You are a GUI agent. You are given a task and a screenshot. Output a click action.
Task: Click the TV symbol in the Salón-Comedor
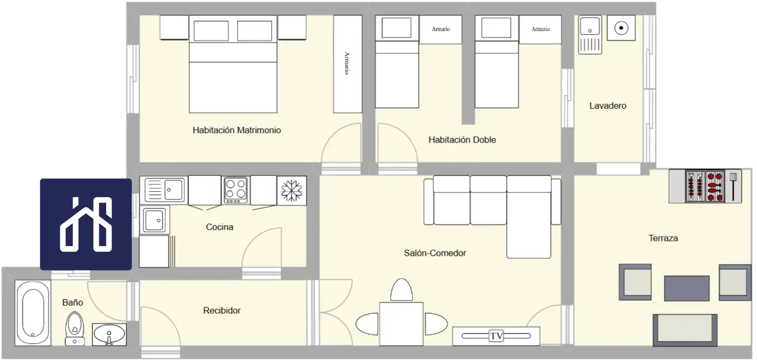click(496, 336)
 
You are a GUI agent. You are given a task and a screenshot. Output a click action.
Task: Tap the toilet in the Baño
click(75, 328)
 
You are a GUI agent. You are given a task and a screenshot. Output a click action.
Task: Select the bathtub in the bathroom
click(33, 313)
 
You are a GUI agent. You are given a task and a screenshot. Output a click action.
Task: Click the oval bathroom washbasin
click(109, 334)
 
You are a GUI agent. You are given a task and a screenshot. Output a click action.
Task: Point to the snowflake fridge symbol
click(292, 191)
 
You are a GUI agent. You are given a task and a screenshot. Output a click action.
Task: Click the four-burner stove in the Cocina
click(236, 190)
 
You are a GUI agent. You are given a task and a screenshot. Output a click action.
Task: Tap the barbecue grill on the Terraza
click(705, 186)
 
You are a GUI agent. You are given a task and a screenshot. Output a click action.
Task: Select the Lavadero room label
click(608, 106)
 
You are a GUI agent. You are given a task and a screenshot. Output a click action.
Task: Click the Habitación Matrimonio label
click(237, 130)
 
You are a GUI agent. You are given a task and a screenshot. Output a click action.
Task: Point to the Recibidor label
click(222, 310)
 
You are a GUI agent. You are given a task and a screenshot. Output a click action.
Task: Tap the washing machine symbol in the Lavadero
click(621, 28)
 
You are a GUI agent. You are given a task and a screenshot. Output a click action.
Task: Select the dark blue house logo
click(86, 224)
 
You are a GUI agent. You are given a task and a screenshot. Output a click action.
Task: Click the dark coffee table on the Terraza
click(687, 288)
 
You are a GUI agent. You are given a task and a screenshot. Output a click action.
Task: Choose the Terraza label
click(663, 239)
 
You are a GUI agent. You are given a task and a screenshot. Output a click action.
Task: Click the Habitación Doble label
click(462, 140)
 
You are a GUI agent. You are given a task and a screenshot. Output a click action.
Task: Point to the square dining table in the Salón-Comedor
click(401, 324)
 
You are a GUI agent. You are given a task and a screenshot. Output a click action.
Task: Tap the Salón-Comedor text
click(435, 253)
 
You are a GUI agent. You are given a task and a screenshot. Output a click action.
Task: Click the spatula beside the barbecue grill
click(733, 187)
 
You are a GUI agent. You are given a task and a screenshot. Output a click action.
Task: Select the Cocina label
click(219, 227)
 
